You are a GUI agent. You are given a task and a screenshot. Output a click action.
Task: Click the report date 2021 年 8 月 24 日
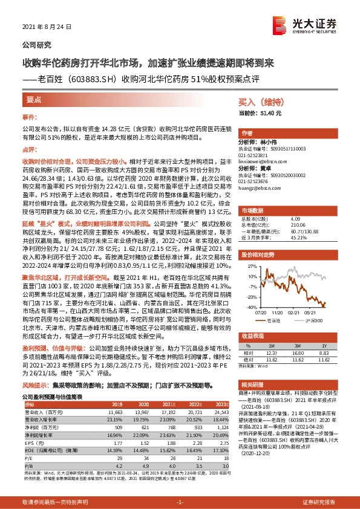click(47, 27)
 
